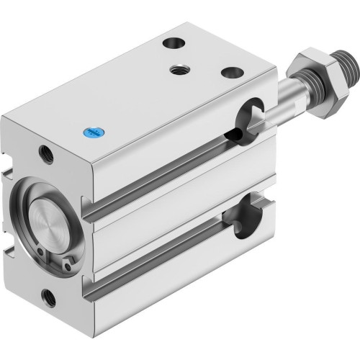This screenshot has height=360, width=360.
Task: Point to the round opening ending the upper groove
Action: click(248, 115)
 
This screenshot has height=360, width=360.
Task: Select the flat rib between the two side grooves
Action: click(173, 216)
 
